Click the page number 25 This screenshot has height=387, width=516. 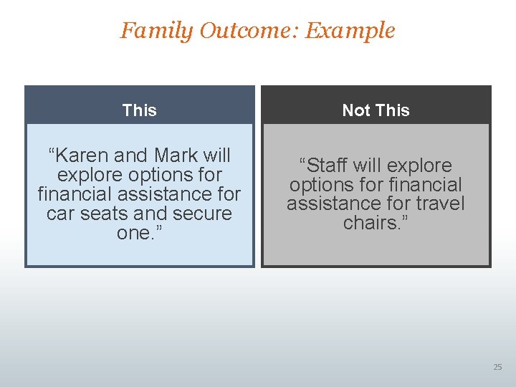pyautogui.click(x=497, y=367)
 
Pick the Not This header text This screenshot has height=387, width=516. pyautogui.click(x=376, y=110)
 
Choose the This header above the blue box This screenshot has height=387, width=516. pyautogui.click(x=139, y=110)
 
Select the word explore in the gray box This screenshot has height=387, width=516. pyautogui.click(x=418, y=166)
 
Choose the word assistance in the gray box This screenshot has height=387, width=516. pyautogui.click(x=333, y=204)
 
